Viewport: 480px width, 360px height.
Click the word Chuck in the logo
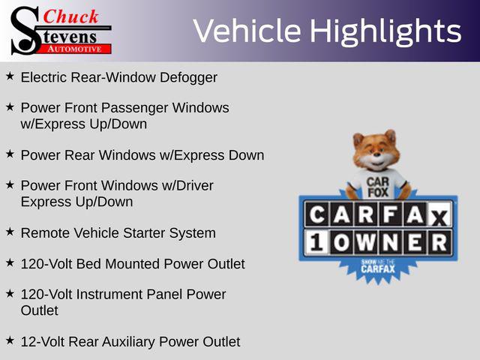(x=70, y=16)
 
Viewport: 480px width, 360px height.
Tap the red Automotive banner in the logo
(x=79, y=49)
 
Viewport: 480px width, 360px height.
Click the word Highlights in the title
(x=385, y=31)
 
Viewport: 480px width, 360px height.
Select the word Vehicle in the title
(x=247, y=31)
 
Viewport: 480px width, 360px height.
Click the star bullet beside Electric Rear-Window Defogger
(x=10, y=76)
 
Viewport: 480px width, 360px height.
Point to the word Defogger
(x=188, y=78)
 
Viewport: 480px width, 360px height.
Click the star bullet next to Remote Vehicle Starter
(x=10, y=232)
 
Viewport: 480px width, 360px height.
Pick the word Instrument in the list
(x=109, y=295)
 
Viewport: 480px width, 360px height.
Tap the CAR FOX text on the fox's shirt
(x=378, y=187)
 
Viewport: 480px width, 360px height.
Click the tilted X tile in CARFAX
(x=440, y=217)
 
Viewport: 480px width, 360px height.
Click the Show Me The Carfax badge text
(x=378, y=266)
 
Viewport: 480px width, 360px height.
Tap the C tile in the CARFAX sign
(x=317, y=214)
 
